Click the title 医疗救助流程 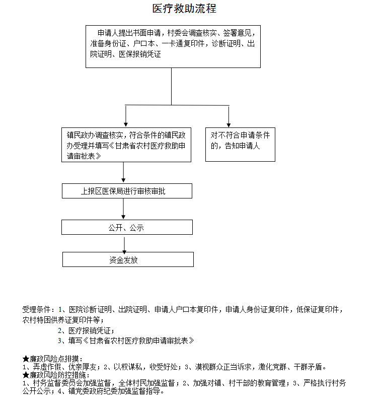(184, 9)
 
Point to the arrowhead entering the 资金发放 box (124, 252)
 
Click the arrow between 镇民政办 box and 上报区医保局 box (123, 172)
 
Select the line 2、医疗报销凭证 (86, 330)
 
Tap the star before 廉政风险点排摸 (26, 359)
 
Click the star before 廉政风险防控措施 (26, 375)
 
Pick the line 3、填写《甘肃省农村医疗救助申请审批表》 (126, 341)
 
